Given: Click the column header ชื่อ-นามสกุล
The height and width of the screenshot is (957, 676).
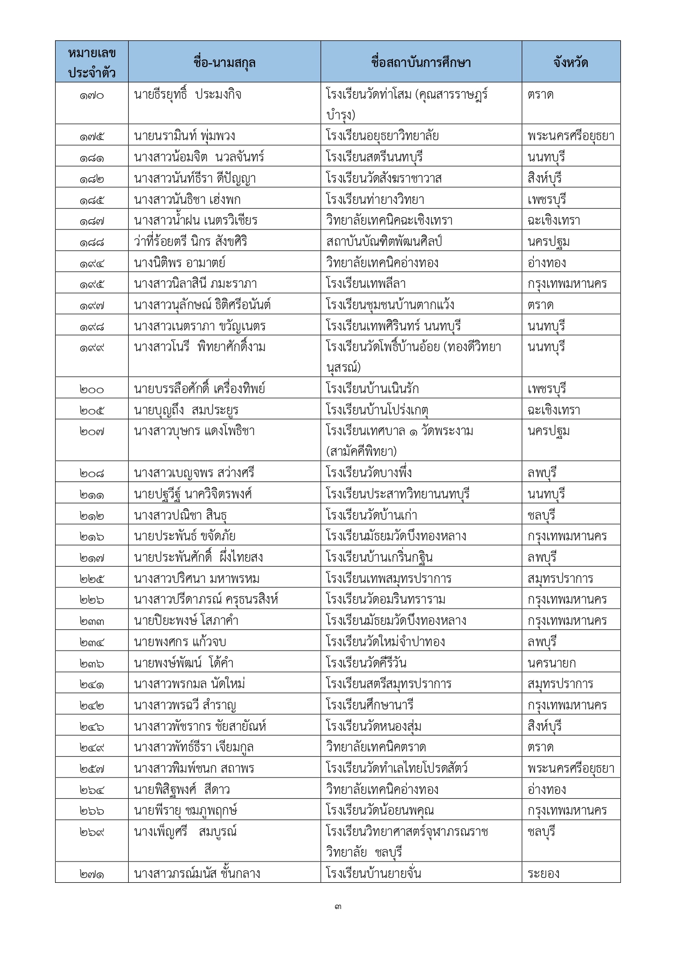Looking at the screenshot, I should [x=224, y=62].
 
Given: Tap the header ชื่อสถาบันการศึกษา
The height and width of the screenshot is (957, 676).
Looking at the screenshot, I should [x=421, y=62].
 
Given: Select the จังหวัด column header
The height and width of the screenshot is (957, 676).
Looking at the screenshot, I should [x=570, y=62].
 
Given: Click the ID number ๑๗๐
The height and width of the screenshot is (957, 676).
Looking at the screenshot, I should [x=91, y=95].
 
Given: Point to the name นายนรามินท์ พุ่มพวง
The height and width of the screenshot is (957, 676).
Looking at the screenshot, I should [x=184, y=136].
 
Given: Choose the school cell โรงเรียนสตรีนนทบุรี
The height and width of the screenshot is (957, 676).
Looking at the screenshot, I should [x=374, y=157].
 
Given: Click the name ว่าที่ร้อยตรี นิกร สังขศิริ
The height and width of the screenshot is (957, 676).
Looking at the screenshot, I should [x=190, y=242].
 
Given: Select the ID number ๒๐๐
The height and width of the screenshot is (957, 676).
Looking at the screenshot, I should [x=91, y=389].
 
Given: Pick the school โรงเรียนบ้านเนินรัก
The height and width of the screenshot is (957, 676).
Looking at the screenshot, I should [x=372, y=389].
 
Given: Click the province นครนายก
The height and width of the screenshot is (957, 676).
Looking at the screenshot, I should [x=552, y=663].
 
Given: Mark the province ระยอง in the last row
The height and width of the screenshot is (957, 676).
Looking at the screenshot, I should [x=544, y=874].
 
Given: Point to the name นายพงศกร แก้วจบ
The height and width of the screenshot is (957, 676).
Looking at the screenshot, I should [x=179, y=642].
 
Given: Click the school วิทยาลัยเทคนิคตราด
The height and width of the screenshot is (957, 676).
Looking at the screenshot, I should [x=376, y=747].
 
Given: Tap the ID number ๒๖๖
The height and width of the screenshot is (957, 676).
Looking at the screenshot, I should [x=91, y=811].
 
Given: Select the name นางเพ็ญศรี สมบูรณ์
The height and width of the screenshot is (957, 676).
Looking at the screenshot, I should [x=185, y=832].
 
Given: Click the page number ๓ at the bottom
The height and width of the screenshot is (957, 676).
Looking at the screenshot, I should [x=338, y=907].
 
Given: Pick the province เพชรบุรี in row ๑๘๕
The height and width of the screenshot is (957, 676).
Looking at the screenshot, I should [x=547, y=200].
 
